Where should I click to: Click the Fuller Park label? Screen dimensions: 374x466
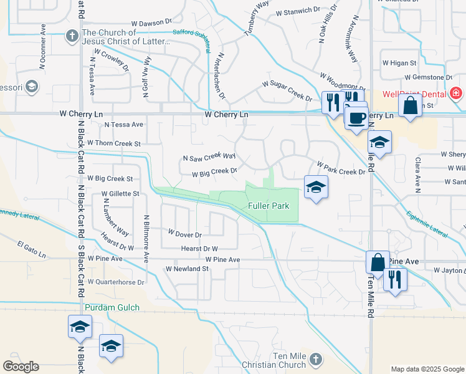click(x=268, y=206)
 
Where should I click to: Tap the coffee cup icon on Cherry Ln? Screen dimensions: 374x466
click(x=356, y=117)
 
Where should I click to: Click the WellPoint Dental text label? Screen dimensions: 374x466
click(x=414, y=93)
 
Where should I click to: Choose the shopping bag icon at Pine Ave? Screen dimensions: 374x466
click(x=378, y=262)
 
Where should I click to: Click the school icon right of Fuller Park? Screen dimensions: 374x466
click(x=316, y=187)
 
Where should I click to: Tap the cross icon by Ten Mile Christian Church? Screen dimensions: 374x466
click(x=316, y=359)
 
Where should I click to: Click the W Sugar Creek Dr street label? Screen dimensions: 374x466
click(x=287, y=90)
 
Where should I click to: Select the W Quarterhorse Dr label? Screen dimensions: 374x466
click(x=116, y=282)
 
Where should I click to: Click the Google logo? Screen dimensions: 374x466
click(x=21, y=367)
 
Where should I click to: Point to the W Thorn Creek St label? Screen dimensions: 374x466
click(x=114, y=143)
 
